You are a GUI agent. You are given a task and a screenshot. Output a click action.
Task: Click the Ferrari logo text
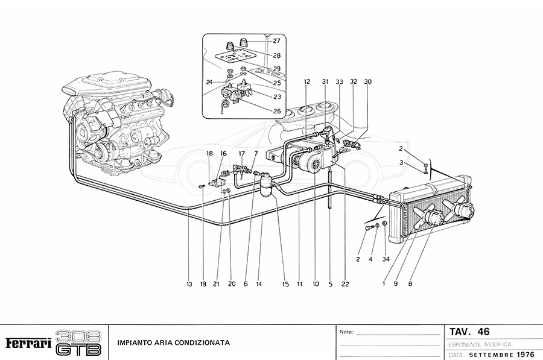(x=28, y=343)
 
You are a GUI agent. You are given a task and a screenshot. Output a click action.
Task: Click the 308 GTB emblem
(x=78, y=343)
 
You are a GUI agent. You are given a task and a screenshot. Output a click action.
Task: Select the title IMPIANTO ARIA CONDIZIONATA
(x=173, y=343)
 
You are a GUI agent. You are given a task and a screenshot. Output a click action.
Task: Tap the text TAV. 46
(x=469, y=332)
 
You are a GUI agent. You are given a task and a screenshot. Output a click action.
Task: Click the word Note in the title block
(x=346, y=332)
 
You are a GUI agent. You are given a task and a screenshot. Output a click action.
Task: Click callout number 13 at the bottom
(x=189, y=283)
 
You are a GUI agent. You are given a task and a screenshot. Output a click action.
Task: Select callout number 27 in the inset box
(x=276, y=41)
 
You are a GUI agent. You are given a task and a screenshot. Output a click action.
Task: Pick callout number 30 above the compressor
(x=367, y=81)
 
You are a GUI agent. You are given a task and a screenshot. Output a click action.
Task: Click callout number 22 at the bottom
(x=345, y=283)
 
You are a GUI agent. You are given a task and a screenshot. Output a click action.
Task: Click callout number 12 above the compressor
(x=306, y=81)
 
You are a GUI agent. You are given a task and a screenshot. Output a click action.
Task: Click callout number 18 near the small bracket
(x=210, y=154)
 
